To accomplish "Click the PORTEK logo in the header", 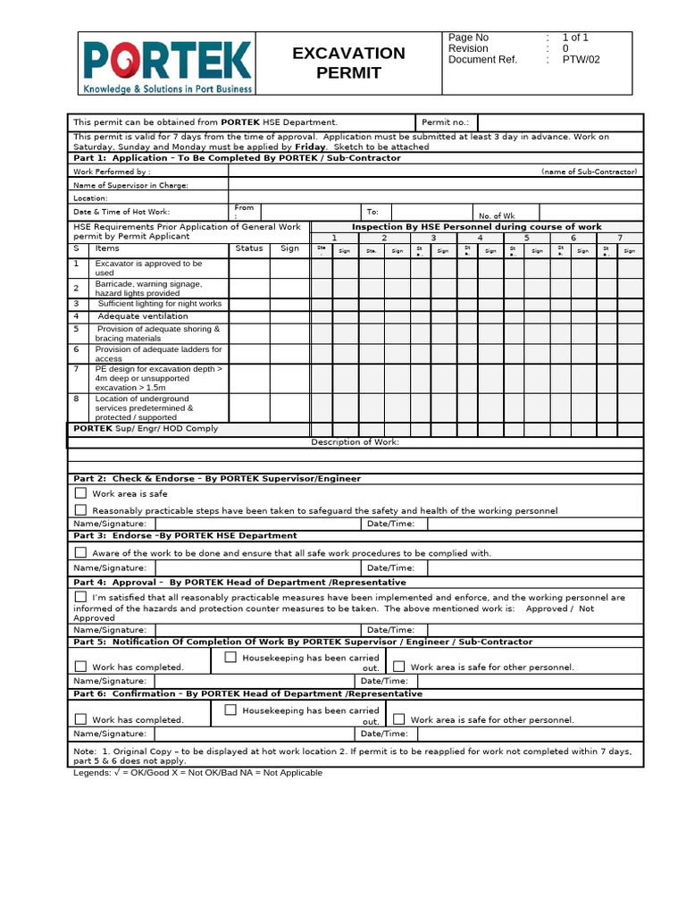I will (167, 63).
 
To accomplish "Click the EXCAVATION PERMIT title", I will (348, 63).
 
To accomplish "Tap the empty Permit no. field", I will (559, 122).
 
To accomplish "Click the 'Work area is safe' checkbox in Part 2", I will (80, 492).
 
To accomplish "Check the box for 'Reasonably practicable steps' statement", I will (80, 509).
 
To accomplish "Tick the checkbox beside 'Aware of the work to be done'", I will (80, 552).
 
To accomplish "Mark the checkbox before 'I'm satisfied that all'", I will (80, 596).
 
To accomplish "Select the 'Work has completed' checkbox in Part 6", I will (80, 718).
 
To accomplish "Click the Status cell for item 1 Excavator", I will (249, 268).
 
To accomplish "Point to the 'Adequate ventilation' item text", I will (143, 316).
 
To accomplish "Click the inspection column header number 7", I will (619, 238).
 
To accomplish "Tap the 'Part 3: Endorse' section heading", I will (185, 535).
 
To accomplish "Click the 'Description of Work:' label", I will (355, 442).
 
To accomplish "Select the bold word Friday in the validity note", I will (310, 147).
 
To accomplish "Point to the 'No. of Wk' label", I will (496, 215).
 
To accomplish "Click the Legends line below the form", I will (197, 772).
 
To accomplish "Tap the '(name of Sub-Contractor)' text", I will (589, 171).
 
